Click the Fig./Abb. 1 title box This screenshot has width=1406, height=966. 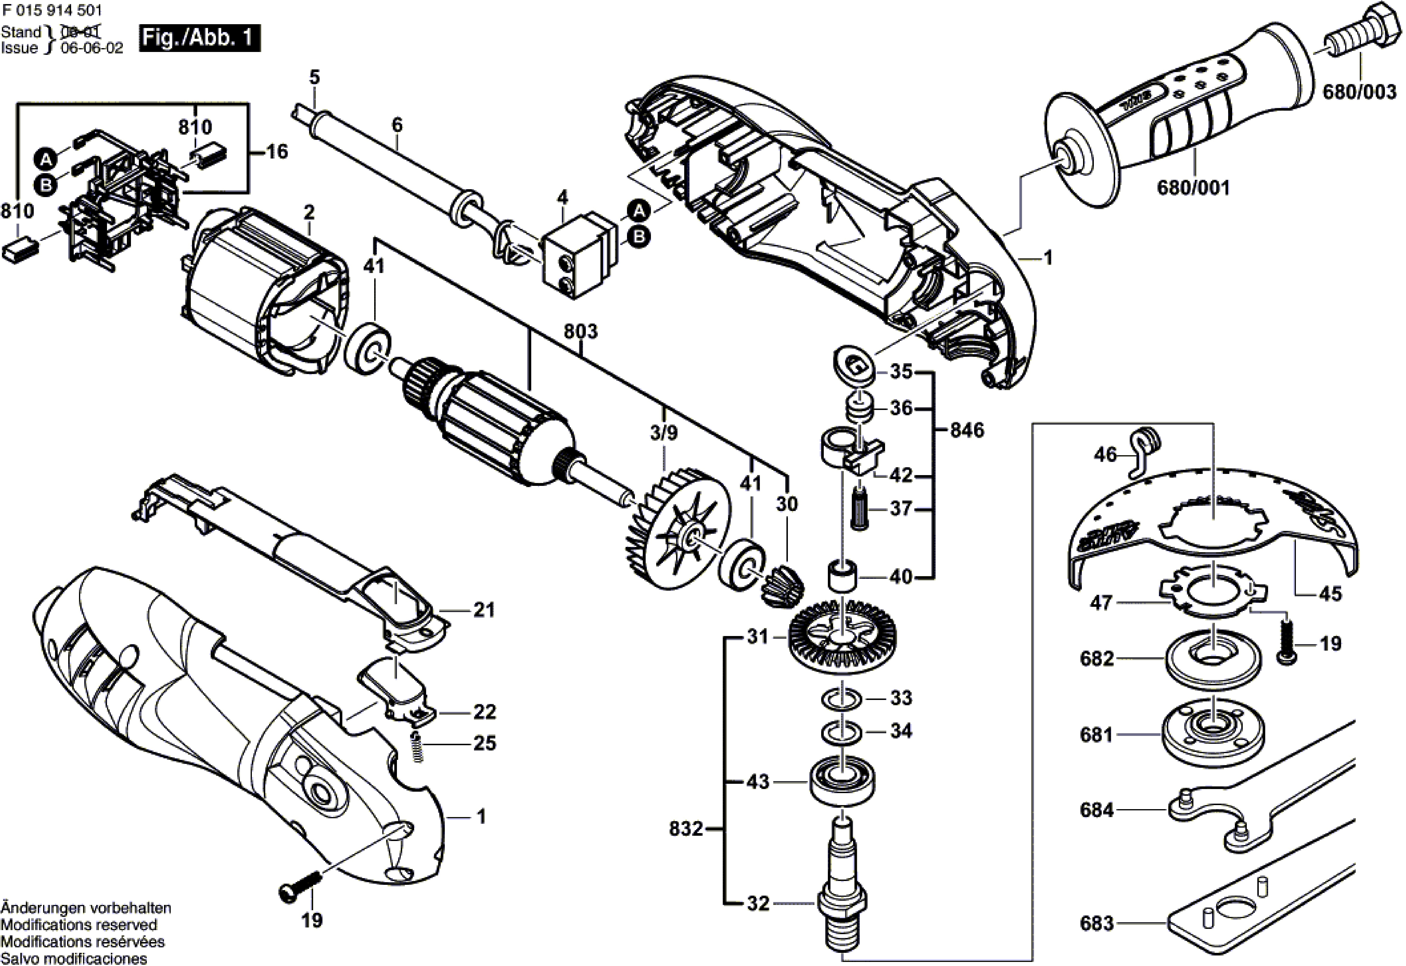pyautogui.click(x=200, y=38)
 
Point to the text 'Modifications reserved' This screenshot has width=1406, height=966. pyautogui.click(x=79, y=925)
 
